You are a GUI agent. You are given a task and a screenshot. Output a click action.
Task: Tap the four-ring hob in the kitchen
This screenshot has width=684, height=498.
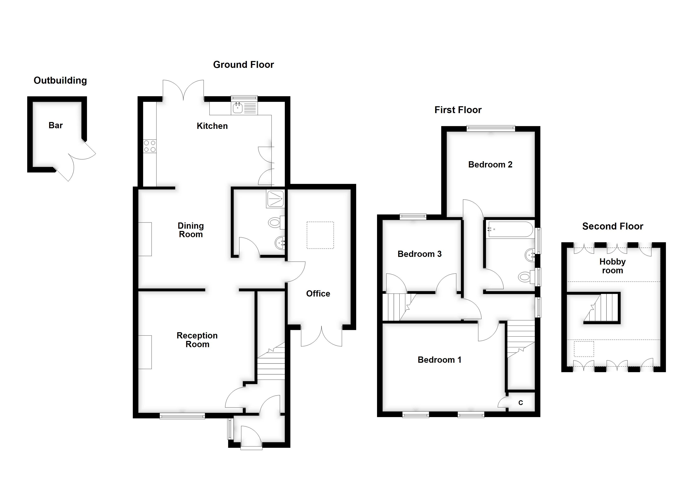(x=150, y=146)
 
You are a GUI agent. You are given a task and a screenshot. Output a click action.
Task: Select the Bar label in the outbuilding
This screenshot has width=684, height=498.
(x=56, y=125)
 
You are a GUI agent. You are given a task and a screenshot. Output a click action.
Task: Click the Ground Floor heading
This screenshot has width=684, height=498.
(x=243, y=65)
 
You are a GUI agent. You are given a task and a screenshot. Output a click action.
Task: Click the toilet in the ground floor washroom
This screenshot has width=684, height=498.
(x=275, y=223)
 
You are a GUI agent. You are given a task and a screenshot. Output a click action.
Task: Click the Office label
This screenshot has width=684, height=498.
(x=318, y=294)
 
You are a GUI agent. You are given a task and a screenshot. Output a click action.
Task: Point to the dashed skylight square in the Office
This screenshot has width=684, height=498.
(x=320, y=235)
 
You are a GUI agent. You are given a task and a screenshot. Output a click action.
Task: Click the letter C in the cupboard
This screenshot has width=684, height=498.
(x=520, y=403)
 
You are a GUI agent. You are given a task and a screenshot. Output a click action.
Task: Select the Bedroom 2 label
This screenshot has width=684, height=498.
(x=490, y=165)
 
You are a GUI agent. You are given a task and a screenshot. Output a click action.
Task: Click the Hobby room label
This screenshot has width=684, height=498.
(x=612, y=266)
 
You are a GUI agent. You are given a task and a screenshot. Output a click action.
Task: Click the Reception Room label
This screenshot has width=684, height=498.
(x=197, y=340)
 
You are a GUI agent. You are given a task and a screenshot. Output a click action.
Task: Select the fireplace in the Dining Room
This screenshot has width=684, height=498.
(x=145, y=239)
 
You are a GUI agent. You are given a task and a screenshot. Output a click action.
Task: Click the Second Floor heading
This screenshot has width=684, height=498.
(x=612, y=226)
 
